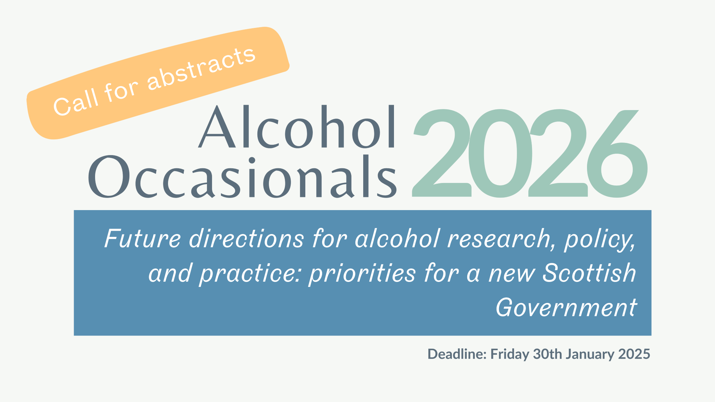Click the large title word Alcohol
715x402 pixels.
(297, 126)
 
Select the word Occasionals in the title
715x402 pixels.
(242, 177)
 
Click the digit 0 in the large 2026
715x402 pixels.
(500, 153)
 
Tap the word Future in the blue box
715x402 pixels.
(143, 238)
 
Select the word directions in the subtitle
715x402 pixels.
(247, 238)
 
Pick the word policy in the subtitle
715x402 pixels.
(600, 240)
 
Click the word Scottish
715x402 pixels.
(590, 273)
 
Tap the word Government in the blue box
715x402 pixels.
(566, 307)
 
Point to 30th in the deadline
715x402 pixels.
(548, 354)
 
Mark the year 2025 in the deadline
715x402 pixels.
(634, 354)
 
